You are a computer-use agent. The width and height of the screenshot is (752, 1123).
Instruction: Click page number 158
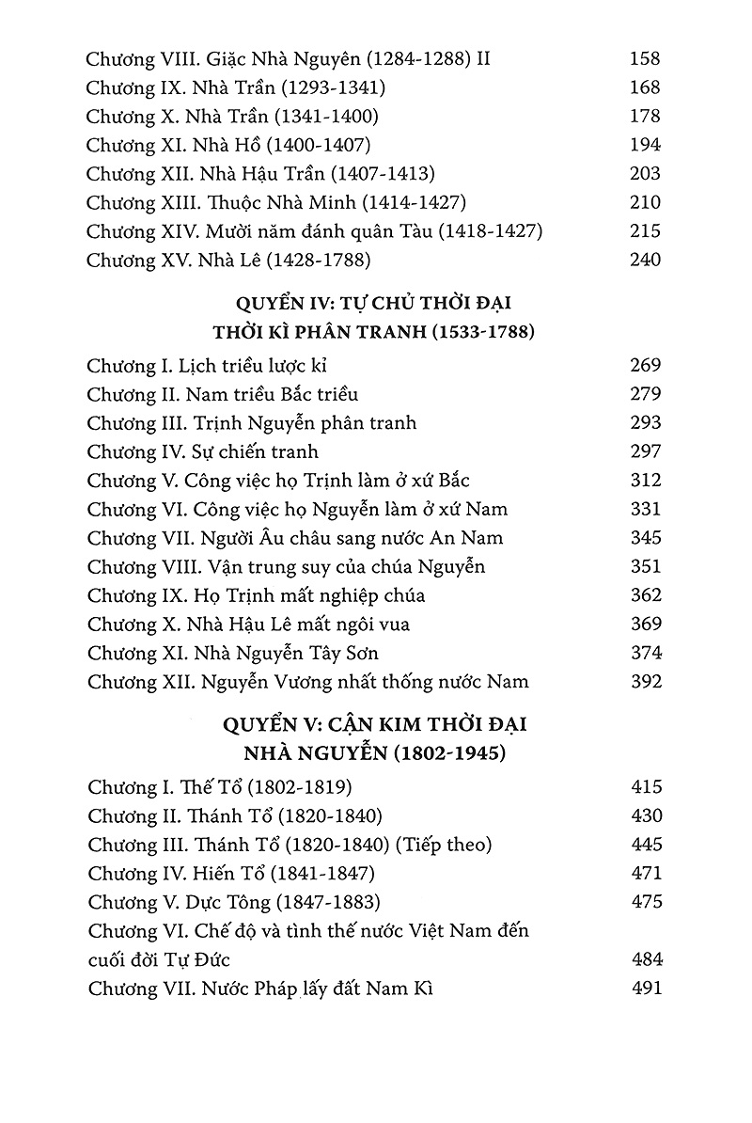click(645, 59)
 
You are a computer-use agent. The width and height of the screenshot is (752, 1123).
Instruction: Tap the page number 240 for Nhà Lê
click(645, 261)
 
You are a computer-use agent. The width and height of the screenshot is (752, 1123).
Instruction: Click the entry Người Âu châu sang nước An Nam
click(294, 539)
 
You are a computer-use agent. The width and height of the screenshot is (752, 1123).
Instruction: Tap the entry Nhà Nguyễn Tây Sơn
click(232, 654)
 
